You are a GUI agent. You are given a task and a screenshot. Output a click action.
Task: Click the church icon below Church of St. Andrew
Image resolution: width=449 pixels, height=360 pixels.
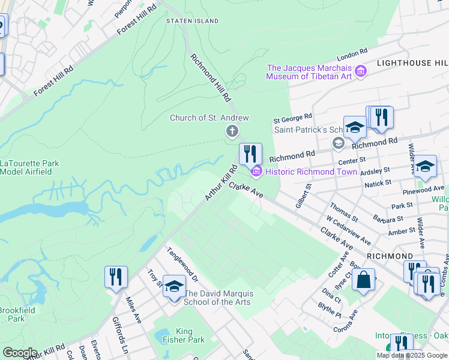point(232,131)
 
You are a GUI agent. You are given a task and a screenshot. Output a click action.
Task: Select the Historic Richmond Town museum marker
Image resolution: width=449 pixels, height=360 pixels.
point(256,172)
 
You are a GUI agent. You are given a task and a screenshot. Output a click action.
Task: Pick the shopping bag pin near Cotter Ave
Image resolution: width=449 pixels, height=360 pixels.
point(363,280)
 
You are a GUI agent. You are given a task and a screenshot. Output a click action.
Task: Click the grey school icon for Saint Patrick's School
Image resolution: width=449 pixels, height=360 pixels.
point(338,143)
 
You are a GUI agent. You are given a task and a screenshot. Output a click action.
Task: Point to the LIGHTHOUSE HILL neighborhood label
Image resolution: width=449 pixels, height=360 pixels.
point(412,63)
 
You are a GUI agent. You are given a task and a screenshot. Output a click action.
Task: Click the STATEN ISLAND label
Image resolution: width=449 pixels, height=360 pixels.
point(192,21)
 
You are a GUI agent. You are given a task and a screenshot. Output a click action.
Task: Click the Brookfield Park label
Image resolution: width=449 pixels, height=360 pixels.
point(12,315)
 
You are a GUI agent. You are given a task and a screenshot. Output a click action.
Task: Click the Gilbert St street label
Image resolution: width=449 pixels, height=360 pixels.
point(303,196)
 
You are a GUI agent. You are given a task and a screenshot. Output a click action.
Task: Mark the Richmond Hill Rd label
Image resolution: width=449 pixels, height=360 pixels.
point(210,77)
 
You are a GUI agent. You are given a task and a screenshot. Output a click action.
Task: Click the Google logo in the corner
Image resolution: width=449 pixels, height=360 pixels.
point(19,353)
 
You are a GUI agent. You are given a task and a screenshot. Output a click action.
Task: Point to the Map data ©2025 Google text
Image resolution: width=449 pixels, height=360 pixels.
point(412,355)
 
